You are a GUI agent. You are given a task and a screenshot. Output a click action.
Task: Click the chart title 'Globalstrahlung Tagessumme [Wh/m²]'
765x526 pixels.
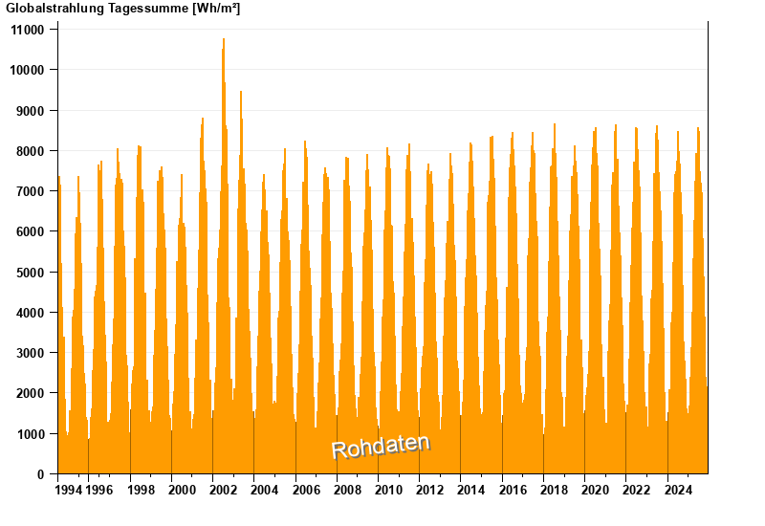coord(123,9)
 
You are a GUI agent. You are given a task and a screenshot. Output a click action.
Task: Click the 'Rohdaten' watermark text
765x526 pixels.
coord(381,446)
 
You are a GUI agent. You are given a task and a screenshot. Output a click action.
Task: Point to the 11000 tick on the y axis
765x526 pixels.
coord(27,30)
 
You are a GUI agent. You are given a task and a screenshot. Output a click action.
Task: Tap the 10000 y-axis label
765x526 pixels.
coord(27,70)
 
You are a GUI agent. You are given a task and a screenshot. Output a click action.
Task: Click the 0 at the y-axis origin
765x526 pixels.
coord(40,474)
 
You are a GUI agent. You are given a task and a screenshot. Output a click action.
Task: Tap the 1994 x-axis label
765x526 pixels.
coord(68,491)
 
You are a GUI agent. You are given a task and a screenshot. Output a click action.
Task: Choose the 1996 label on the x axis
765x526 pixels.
coord(99,491)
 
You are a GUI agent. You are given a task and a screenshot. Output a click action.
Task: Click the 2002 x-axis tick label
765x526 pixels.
coord(224,491)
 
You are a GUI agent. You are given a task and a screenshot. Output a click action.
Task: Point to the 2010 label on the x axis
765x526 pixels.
coord(388,491)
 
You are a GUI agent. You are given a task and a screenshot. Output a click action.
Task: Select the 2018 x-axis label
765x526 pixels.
coord(554,491)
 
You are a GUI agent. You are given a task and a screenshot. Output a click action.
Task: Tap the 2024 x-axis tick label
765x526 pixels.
coord(678,491)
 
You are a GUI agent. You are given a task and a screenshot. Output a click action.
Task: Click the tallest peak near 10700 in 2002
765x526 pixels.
coord(224,40)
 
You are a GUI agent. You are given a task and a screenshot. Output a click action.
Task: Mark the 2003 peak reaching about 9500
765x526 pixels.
coord(241,92)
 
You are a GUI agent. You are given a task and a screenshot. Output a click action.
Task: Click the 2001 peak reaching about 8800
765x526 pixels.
coord(203,119)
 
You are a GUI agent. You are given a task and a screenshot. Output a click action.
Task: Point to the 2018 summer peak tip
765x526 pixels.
coord(555,124)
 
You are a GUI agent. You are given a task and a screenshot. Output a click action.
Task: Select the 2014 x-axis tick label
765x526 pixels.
coord(471,491)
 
